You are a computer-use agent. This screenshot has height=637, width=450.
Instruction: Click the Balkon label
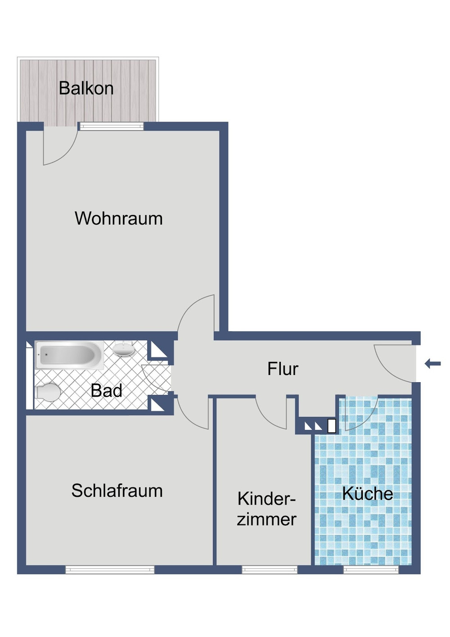(x=86, y=88)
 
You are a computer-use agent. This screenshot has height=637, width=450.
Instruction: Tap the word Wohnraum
(x=119, y=219)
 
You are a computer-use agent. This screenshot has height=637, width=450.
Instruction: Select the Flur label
(x=283, y=369)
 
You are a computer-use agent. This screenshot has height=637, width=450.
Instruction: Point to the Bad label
(x=106, y=391)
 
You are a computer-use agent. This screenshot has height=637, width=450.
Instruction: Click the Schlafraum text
(x=117, y=491)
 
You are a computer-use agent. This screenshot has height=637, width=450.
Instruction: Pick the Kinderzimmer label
(x=266, y=509)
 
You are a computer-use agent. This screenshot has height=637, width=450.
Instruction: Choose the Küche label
(x=367, y=494)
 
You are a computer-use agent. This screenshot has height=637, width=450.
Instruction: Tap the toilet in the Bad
(x=48, y=392)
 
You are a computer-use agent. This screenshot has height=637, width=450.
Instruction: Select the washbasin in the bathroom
(x=123, y=348)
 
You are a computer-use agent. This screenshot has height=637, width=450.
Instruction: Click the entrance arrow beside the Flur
(x=433, y=363)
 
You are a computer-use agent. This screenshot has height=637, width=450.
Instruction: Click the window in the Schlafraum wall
(x=110, y=570)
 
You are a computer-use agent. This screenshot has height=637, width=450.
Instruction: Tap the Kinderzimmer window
(x=270, y=570)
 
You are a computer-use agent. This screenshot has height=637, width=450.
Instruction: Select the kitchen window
(x=371, y=570)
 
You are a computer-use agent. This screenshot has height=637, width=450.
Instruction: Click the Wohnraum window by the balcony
(x=111, y=127)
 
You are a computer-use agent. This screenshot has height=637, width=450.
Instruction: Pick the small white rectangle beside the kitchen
(x=332, y=426)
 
